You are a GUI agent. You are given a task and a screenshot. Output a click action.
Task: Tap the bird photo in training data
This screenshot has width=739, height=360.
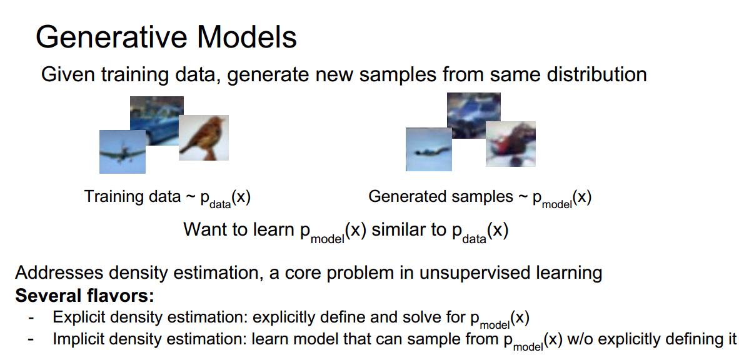pos(204,137)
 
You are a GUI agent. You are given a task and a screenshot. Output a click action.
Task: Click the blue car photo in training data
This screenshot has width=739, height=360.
pos(156,119)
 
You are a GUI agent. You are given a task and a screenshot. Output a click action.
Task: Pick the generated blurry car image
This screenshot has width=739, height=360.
pos(474,112)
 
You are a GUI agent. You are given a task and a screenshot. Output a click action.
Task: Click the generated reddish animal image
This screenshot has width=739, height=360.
pos(511,144)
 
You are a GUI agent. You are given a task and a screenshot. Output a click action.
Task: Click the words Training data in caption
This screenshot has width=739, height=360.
pos(132,197)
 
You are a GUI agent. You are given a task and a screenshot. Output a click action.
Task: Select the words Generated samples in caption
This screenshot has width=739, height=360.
pos(440,197)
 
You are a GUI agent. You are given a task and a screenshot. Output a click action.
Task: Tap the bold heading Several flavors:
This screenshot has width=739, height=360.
pos(84,295)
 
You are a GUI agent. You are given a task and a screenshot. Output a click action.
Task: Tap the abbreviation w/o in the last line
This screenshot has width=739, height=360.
pos(578,339)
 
